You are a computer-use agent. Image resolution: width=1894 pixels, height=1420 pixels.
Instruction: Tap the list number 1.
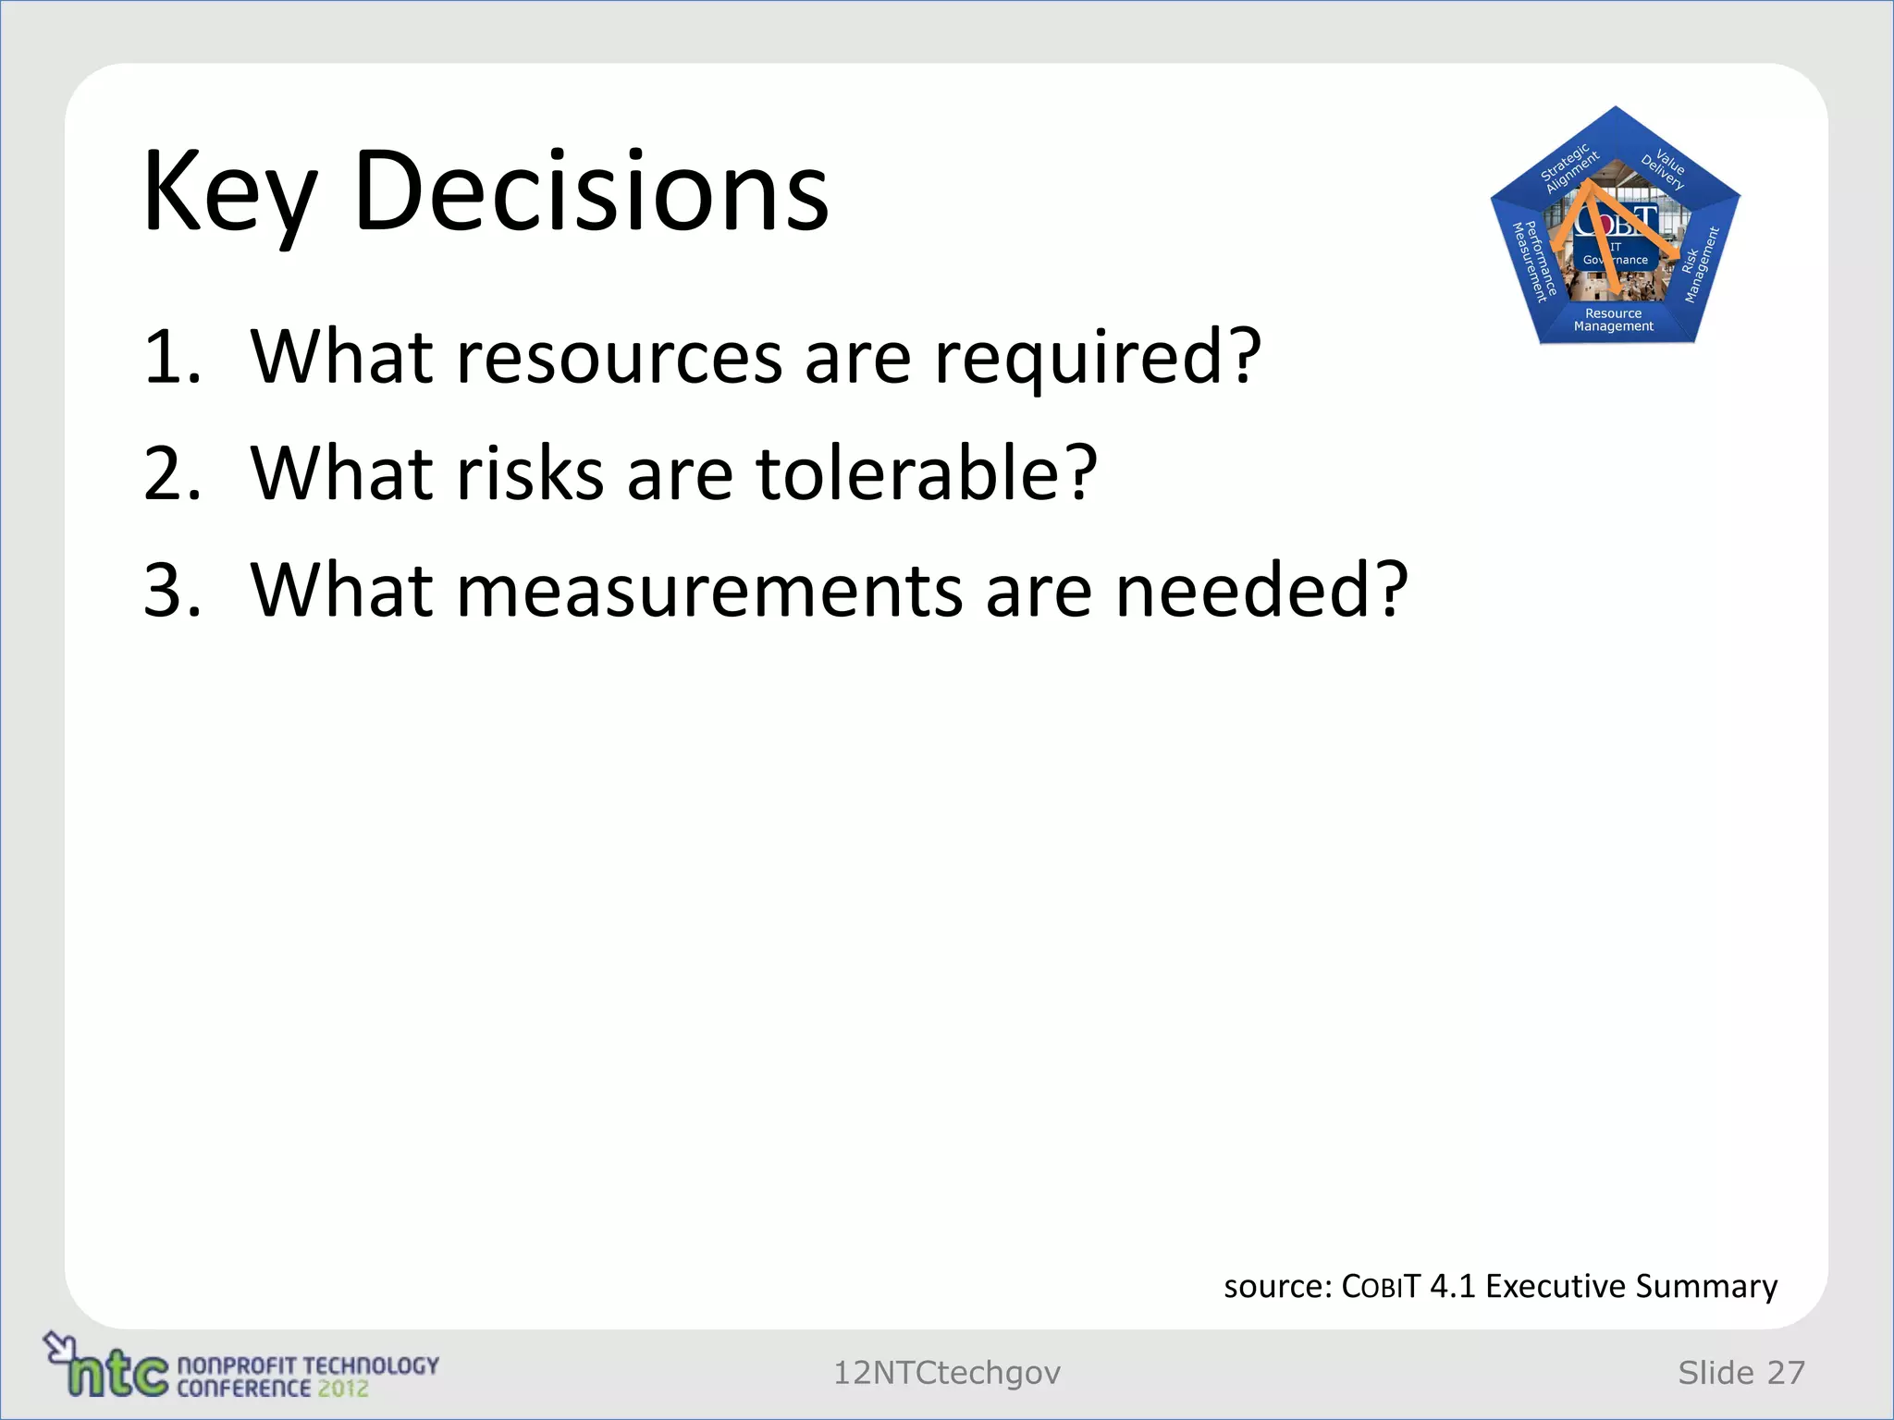[x=172, y=357]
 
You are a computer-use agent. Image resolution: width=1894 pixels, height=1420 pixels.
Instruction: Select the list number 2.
[x=172, y=473]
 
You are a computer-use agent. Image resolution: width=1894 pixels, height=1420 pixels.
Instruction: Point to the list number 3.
[x=172, y=590]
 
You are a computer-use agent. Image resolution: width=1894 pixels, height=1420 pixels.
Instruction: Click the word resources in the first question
[x=620, y=359]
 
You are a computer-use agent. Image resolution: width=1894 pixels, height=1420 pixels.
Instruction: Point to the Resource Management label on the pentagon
[x=1614, y=320]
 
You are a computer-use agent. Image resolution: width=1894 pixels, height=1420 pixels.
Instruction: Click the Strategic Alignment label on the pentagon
[x=1568, y=167]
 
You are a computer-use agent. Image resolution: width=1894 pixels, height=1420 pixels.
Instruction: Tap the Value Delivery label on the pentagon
[x=1666, y=167]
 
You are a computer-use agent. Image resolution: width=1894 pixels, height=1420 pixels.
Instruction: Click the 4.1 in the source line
[x=1452, y=1286]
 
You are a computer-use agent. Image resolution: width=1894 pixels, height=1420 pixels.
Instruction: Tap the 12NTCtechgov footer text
[x=946, y=1373]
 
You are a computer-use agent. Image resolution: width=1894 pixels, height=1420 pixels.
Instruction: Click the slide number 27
[x=1786, y=1373]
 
